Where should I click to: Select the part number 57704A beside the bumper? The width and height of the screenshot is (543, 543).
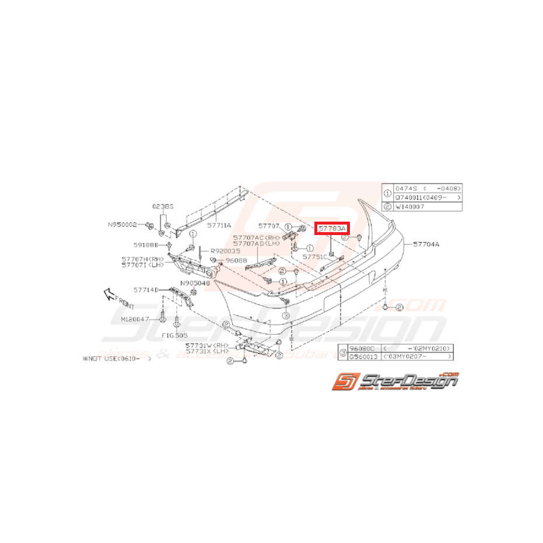[428, 244]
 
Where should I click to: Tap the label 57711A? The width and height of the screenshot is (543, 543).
[220, 225]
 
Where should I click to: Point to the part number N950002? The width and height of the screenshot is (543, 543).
[122, 224]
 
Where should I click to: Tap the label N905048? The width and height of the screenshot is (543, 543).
[194, 283]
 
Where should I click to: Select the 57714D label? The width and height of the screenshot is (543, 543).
[146, 289]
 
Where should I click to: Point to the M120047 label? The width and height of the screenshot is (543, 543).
[135, 320]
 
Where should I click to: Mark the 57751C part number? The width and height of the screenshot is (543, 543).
[315, 256]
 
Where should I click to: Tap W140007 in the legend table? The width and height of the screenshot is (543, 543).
[412, 206]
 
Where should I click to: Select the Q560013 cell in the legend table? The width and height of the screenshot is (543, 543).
[362, 355]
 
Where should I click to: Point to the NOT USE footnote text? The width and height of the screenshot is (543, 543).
[117, 360]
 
